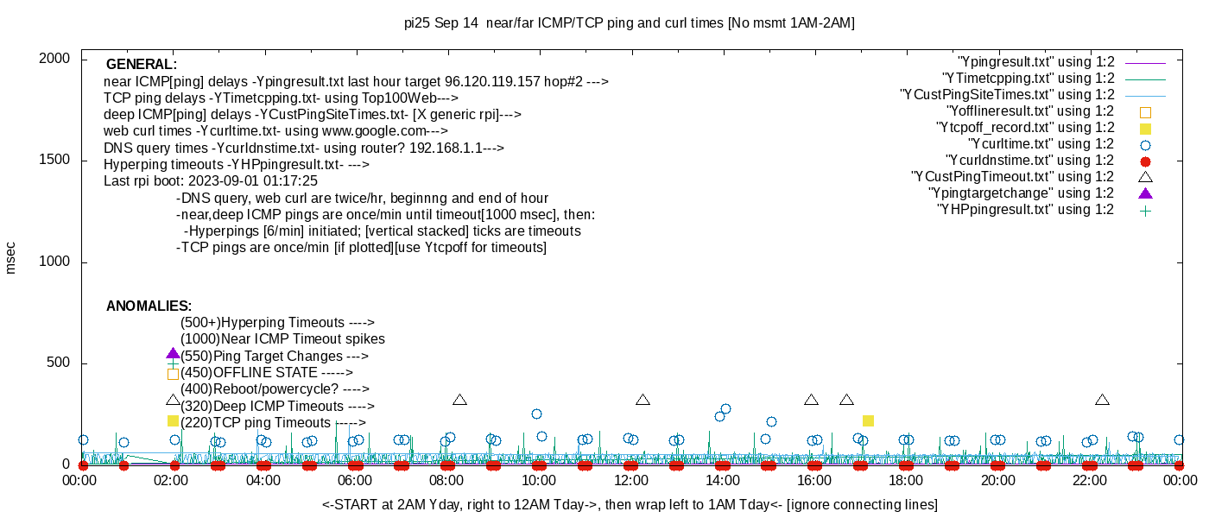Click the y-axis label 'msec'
tap(11, 257)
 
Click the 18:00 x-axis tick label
tap(905, 481)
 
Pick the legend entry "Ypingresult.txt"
tap(1035, 62)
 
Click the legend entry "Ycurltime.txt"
tap(1041, 144)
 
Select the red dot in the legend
tap(1146, 161)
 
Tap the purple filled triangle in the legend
tap(1146, 193)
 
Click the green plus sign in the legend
tap(1146, 211)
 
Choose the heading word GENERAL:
tap(142, 65)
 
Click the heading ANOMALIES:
tap(149, 306)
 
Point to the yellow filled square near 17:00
tap(868, 421)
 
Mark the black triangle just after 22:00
tap(1102, 400)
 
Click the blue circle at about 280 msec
tap(725, 409)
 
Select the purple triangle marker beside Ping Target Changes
tap(173, 354)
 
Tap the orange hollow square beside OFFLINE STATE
tap(173, 374)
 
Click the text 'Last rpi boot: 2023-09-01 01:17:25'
tap(211, 181)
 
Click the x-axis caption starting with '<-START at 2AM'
tap(630, 504)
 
